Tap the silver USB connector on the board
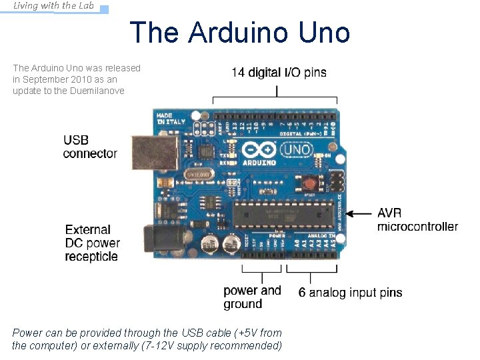(x=149, y=153)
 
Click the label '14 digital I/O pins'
(x=279, y=73)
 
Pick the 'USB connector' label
(x=90, y=147)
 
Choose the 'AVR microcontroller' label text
(x=417, y=220)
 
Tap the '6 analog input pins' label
(x=350, y=293)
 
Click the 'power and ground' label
(x=252, y=297)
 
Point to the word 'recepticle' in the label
(x=91, y=257)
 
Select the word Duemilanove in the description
(x=97, y=91)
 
